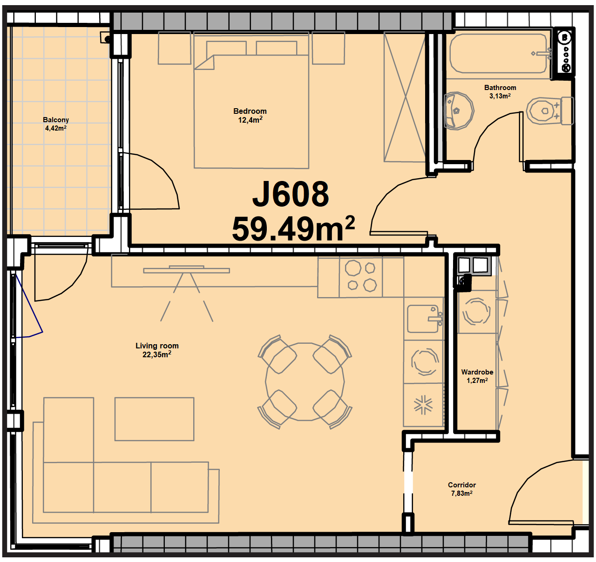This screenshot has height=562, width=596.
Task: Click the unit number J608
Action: [x=291, y=194]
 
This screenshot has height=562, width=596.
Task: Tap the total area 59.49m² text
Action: [x=293, y=229]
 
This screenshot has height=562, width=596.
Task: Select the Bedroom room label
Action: [x=250, y=111]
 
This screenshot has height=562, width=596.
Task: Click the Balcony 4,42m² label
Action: [x=56, y=124]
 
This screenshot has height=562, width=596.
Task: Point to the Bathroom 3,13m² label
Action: [x=500, y=92]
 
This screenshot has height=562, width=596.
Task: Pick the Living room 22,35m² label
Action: [x=157, y=350]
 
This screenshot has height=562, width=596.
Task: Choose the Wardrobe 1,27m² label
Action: [x=477, y=376]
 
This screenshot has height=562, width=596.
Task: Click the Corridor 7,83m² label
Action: [x=462, y=489]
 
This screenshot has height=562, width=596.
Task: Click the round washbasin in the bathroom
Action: [x=458, y=111]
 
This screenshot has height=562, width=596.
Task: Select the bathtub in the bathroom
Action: [x=498, y=53]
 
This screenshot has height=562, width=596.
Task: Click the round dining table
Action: [x=305, y=382]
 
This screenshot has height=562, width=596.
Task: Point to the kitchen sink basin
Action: [x=423, y=319]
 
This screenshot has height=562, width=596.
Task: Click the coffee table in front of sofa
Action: [x=154, y=419]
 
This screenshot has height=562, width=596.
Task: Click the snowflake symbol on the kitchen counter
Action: [x=423, y=405]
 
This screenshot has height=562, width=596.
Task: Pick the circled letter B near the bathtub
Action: [x=564, y=38]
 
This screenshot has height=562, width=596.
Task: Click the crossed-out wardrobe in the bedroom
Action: [x=405, y=97]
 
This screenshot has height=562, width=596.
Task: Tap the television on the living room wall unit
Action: [x=186, y=270]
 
